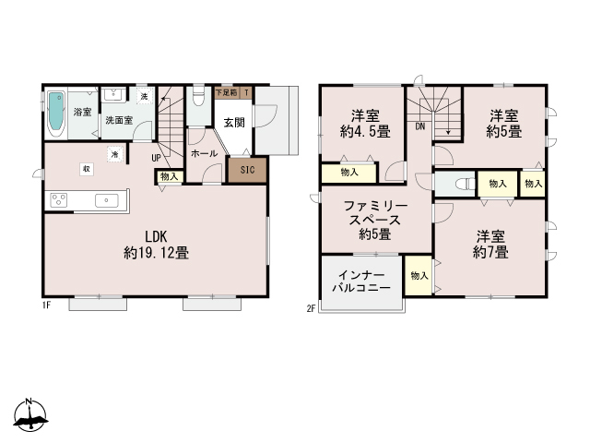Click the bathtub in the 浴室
tap(55, 113)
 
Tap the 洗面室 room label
tap(117, 120)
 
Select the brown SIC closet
tap(247, 171)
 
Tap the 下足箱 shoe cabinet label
tap(226, 92)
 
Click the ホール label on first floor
tap(203, 154)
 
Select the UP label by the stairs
tap(157, 157)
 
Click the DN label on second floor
tap(420, 126)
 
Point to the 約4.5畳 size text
tap(360, 131)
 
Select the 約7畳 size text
tap(490, 251)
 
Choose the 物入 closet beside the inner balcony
tap(419, 275)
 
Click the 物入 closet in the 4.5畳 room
tap(349, 172)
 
